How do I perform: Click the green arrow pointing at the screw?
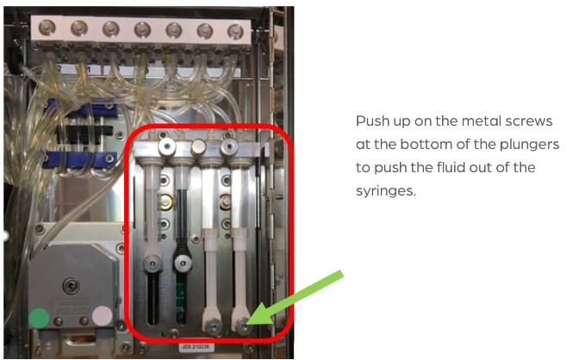[295, 298]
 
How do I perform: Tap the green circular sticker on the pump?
[39, 318]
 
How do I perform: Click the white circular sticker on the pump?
[103, 316]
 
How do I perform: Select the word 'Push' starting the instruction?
[370, 121]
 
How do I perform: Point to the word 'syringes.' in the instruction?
[386, 191]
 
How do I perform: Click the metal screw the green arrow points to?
[243, 326]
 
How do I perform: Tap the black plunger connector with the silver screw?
[183, 263]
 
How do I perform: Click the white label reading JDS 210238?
[196, 347]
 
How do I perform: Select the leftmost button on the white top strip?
[47, 28]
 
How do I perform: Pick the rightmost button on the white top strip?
[235, 32]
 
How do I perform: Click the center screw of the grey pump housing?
[71, 285]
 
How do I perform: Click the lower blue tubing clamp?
[81, 159]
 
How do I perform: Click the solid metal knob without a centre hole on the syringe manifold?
[198, 146]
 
